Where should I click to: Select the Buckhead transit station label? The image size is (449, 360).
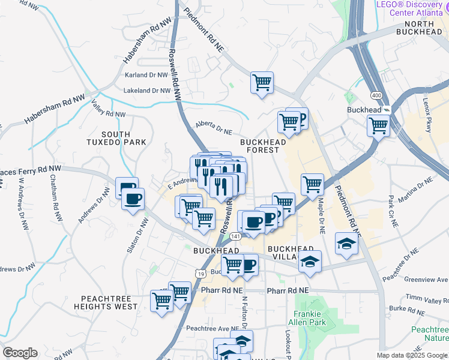click(x=364, y=110)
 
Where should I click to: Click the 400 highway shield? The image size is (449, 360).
click(x=376, y=95)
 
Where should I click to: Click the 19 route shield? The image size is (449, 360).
click(x=199, y=272)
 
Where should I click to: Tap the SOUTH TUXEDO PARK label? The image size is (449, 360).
click(x=124, y=138)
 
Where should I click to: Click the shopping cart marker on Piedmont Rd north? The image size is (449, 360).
click(x=262, y=82)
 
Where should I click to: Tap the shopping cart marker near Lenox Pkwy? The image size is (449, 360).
click(x=378, y=126)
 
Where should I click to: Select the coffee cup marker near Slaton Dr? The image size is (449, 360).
click(x=133, y=198)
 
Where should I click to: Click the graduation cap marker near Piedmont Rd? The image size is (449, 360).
click(x=346, y=243)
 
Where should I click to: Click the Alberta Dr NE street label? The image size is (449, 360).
click(x=213, y=128)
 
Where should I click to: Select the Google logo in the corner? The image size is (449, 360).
click(x=20, y=353)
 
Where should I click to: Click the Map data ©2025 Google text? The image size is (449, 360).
click(x=412, y=355)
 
